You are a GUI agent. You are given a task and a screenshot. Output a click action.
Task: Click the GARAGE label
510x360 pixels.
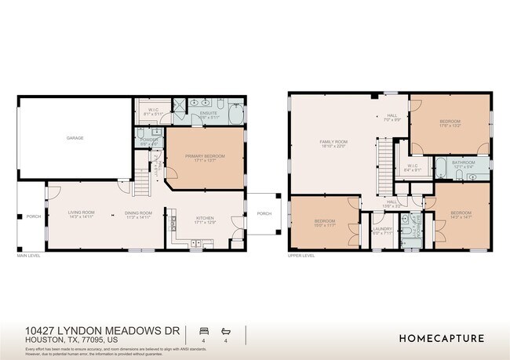point(75,138)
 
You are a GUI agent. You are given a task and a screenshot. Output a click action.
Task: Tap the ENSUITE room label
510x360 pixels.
point(208,114)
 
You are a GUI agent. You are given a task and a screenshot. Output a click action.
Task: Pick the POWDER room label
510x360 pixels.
point(148,140)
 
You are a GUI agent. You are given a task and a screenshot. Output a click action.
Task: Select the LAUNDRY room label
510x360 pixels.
point(382,229)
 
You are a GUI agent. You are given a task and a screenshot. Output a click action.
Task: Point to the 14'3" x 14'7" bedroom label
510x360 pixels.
point(461,214)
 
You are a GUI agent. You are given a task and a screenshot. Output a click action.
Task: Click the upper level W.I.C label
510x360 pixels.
point(411,165)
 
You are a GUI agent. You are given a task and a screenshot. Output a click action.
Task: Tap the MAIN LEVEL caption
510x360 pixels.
point(29,256)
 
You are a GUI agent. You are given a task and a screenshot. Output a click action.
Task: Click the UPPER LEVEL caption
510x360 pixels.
point(301,256)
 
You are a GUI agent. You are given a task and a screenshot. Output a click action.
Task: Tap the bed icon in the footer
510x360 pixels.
point(204,331)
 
